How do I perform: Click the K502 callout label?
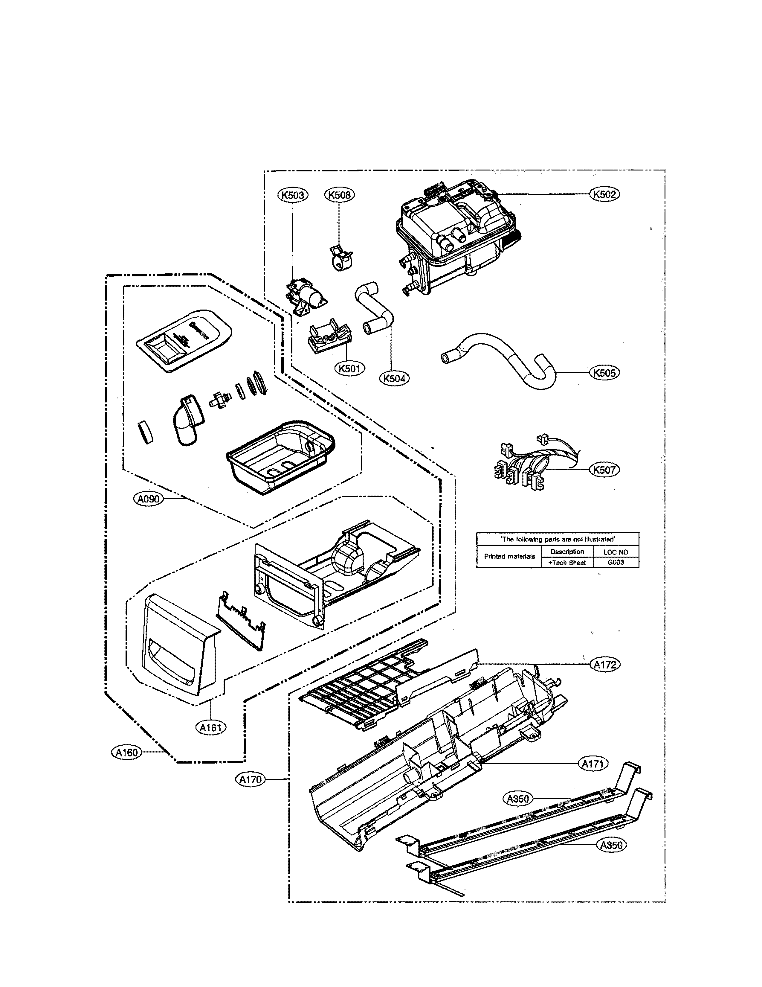(604, 194)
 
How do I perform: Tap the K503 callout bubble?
(292, 195)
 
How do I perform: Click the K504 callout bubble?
(394, 378)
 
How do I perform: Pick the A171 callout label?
(593, 764)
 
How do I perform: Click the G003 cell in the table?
(616, 562)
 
